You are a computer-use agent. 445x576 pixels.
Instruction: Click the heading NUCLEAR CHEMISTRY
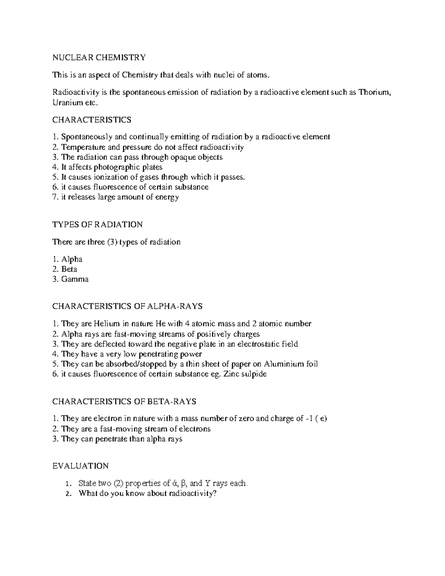pyautogui.click(x=99, y=57)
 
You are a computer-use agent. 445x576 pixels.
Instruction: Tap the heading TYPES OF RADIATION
pyautogui.click(x=98, y=224)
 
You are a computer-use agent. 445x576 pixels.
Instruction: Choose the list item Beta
pyautogui.click(x=69, y=269)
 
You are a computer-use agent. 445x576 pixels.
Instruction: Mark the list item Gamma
pyautogui.click(x=75, y=279)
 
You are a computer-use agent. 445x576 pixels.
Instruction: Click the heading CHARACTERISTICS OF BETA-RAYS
pyautogui.click(x=124, y=401)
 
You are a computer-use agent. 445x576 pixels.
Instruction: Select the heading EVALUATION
pyautogui.click(x=80, y=466)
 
